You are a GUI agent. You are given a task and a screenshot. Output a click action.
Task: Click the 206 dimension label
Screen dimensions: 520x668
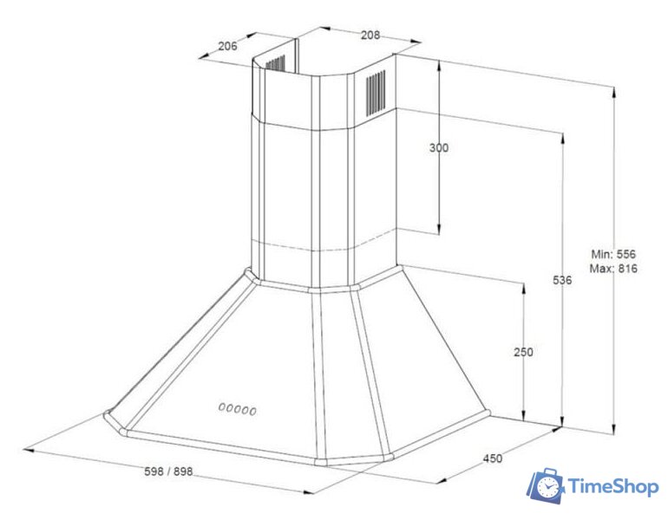pyautogui.click(x=228, y=46)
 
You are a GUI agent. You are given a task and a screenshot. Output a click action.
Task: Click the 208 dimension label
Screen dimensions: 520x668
pyautogui.click(x=370, y=35)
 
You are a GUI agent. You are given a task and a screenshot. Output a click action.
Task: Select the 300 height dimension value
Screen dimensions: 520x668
pyautogui.click(x=439, y=148)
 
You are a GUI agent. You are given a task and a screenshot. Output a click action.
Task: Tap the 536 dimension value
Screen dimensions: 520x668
pyautogui.click(x=562, y=282)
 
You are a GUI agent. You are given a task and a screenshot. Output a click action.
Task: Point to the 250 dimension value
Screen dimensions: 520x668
pyautogui.click(x=523, y=352)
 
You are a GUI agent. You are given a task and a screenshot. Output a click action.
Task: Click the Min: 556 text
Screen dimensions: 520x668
pyautogui.click(x=613, y=254)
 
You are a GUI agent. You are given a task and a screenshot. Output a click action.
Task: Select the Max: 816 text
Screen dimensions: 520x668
pyautogui.click(x=613, y=269)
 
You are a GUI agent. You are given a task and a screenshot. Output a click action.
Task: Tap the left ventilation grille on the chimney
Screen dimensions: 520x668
pyautogui.click(x=274, y=64)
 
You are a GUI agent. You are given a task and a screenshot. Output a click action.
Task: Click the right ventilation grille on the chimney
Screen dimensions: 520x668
pyautogui.click(x=376, y=91)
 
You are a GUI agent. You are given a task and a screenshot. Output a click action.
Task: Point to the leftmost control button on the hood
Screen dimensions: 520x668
pyautogui.click(x=222, y=407)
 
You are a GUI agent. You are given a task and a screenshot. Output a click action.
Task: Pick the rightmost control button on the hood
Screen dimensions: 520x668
pyautogui.click(x=254, y=409)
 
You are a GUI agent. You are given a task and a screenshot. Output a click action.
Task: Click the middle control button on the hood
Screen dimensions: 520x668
pyautogui.click(x=238, y=408)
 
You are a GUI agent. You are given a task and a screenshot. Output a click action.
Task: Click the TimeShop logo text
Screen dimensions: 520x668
pyautogui.click(x=612, y=488)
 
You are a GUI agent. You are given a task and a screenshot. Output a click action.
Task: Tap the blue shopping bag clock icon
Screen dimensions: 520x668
pyautogui.click(x=545, y=487)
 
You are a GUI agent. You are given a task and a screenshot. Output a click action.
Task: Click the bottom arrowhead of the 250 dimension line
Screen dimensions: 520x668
pyautogui.click(x=524, y=416)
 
